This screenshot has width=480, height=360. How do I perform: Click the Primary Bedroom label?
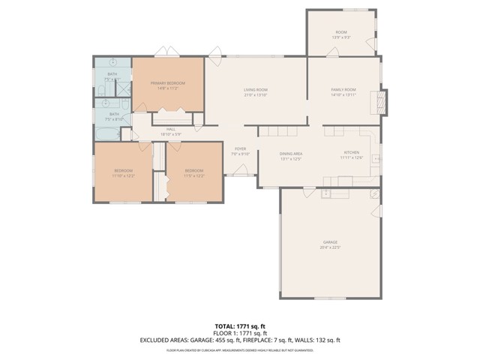(x=167, y=82)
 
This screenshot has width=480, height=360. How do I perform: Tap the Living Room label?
(x=256, y=90)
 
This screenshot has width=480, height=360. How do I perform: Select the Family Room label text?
(x=343, y=90)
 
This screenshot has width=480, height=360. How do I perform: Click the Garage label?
(x=330, y=242)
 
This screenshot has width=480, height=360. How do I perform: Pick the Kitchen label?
(x=351, y=153)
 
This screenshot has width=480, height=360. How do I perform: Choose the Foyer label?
(x=240, y=148)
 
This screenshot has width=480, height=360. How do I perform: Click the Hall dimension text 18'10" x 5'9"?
(x=171, y=134)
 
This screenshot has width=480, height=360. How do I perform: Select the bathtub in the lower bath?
(x=106, y=134)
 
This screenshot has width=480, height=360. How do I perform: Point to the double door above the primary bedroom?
(x=166, y=52)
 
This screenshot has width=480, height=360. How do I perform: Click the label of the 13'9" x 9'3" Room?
(x=340, y=32)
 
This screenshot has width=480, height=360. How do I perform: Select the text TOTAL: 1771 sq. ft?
(x=240, y=327)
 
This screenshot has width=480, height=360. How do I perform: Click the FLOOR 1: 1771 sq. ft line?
(x=240, y=333)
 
